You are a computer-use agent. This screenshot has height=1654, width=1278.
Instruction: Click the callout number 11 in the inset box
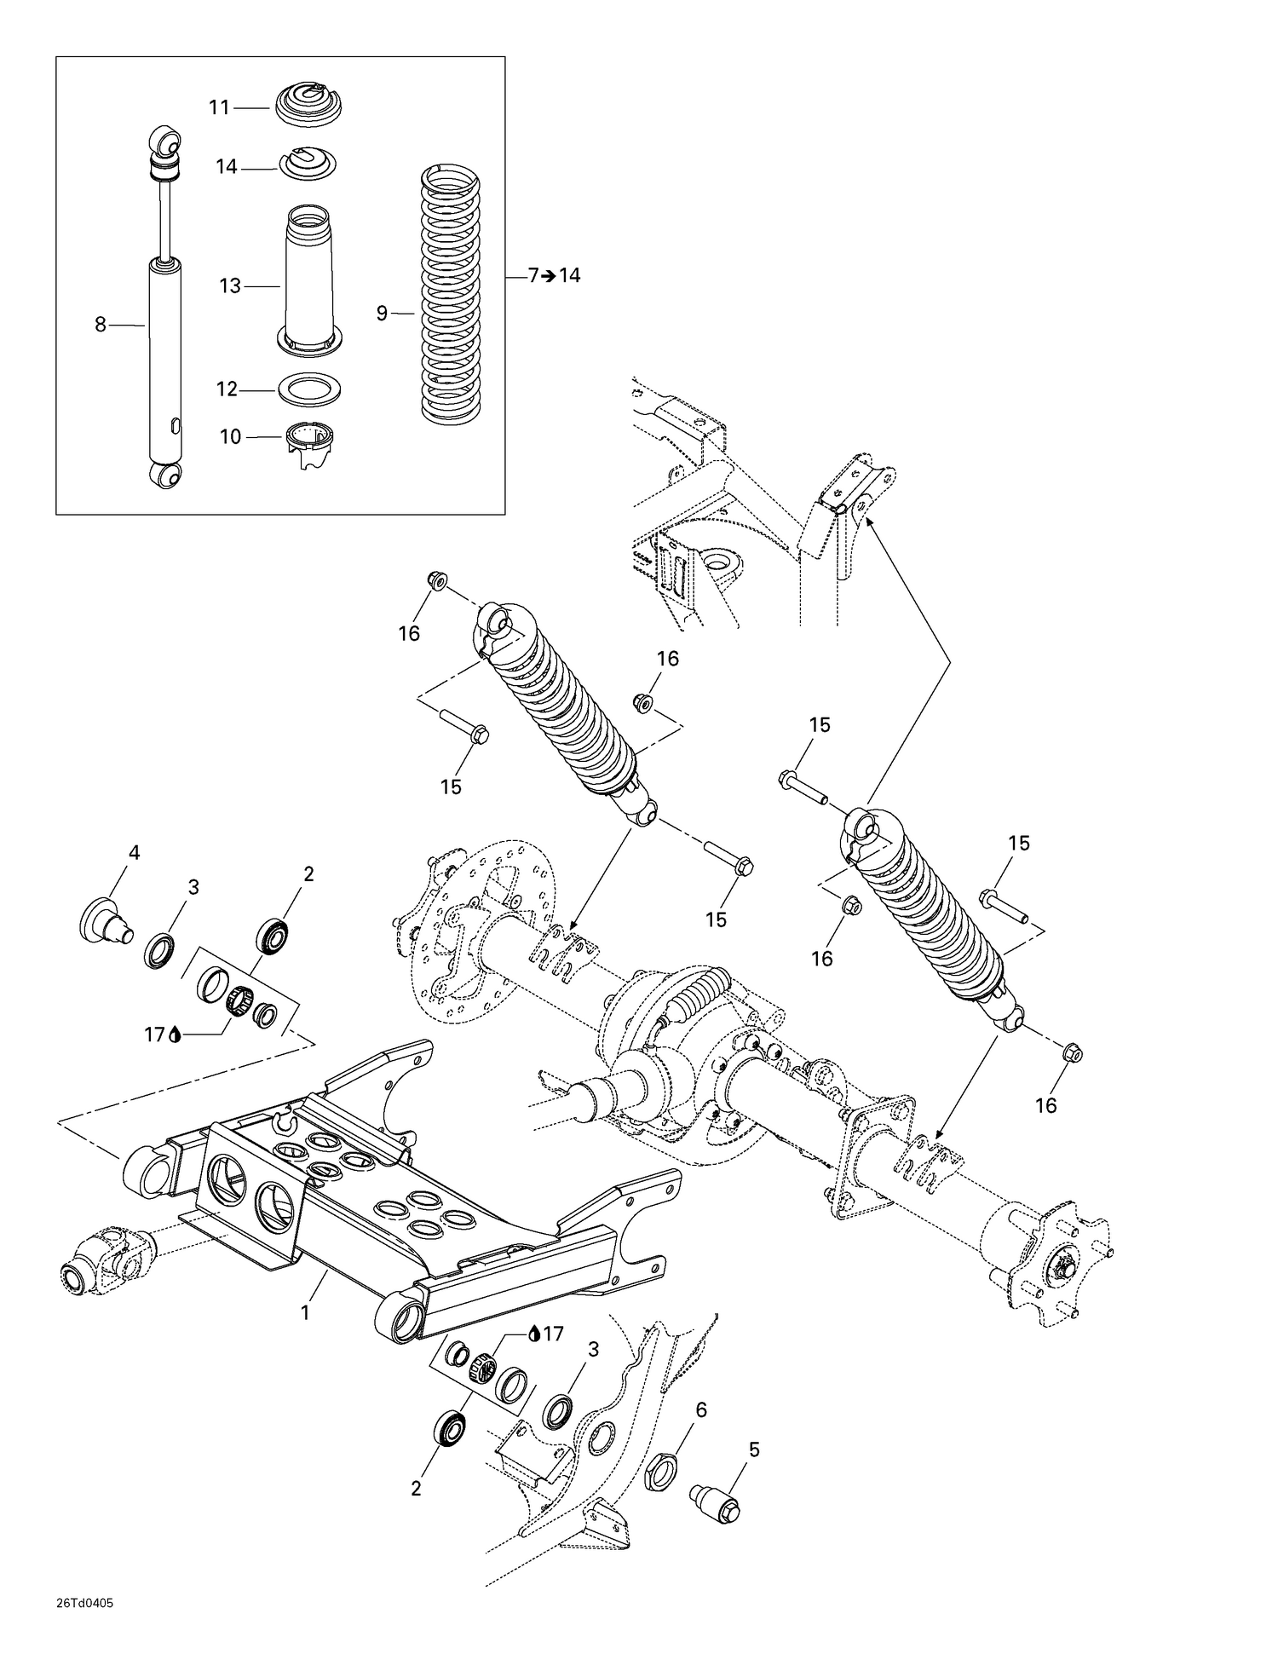pos(220,107)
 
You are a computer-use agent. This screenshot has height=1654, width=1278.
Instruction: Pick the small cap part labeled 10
pos(308,443)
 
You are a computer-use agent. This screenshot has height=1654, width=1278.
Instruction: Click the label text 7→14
pos(554,275)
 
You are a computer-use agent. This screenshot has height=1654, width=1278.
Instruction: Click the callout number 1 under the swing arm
pos(305,1313)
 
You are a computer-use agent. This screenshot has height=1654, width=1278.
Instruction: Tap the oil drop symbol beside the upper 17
pos(176,1035)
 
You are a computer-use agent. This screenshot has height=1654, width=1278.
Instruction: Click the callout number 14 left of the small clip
pos(227,166)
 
